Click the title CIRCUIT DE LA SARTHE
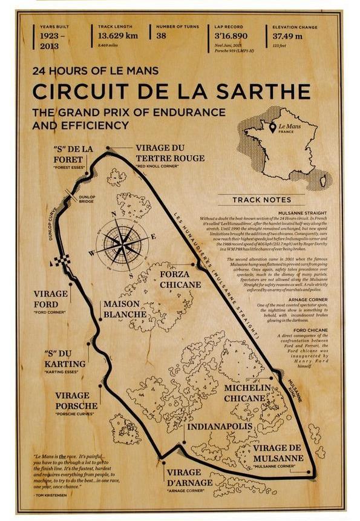(x=171, y=91)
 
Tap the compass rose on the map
(x=120, y=242)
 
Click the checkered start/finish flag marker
(x=62, y=261)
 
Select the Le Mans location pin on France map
(x=273, y=128)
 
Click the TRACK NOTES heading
(x=262, y=199)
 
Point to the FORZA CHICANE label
(x=180, y=279)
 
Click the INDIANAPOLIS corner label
(x=219, y=427)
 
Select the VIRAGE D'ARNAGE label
(x=189, y=477)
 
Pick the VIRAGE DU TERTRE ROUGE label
(x=170, y=152)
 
